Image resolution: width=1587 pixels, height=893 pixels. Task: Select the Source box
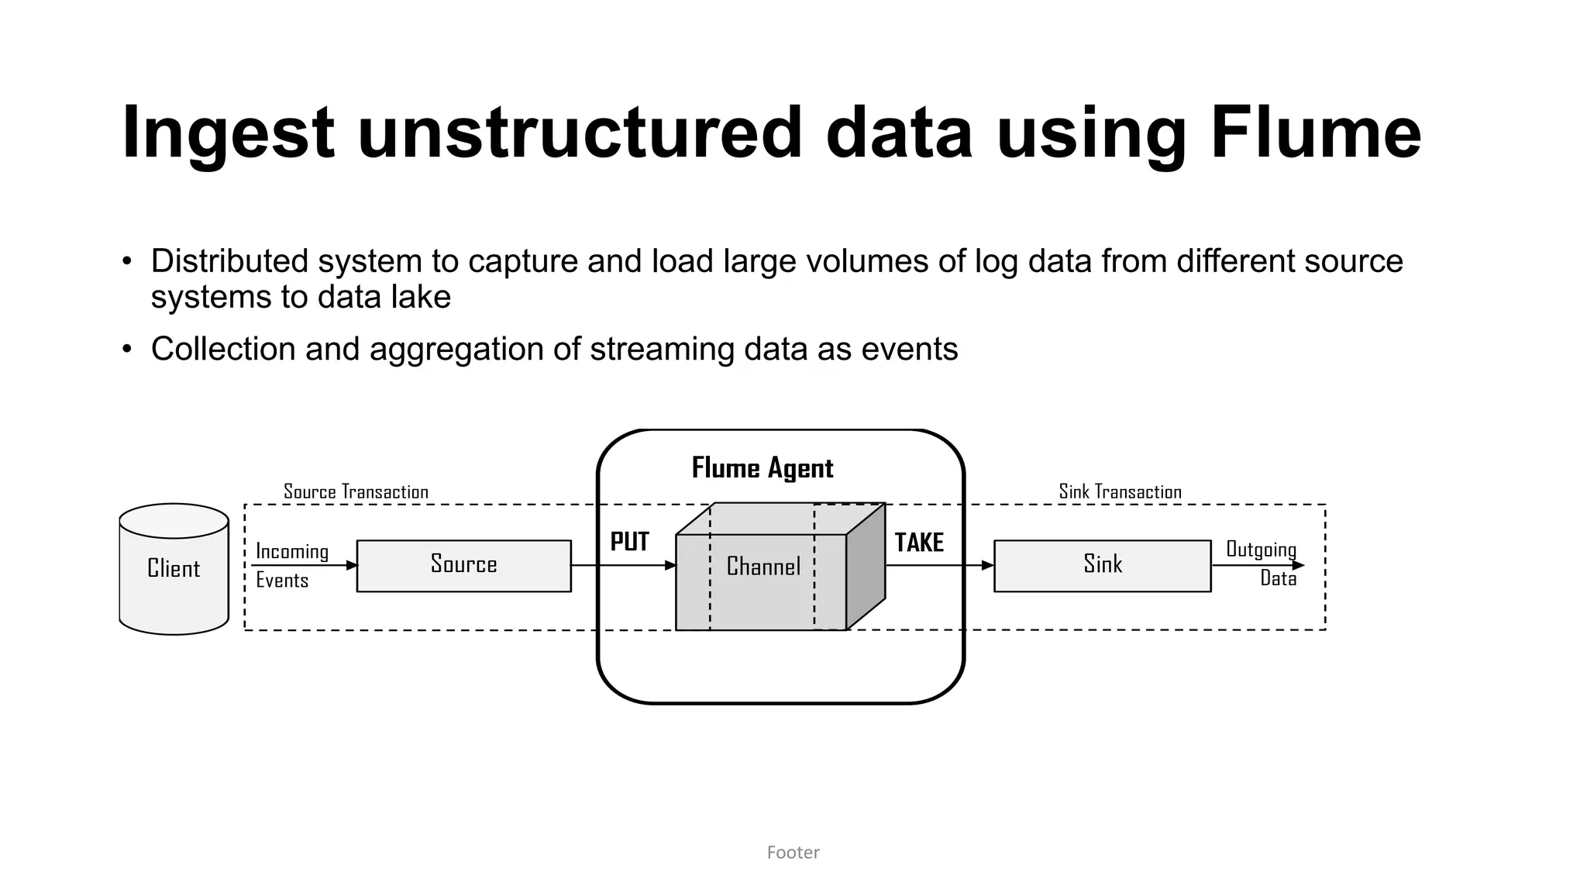pos(463,565)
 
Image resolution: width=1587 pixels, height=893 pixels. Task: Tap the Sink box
pos(1102,565)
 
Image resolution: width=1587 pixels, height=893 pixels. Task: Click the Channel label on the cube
pos(763,567)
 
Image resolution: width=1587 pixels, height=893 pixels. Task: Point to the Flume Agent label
pos(763,468)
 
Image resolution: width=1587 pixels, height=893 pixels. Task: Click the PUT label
pos(629,542)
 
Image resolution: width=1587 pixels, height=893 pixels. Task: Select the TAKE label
pos(919,543)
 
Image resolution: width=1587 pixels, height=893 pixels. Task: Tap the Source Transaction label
pos(356,491)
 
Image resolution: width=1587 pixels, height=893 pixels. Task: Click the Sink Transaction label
pos(1120,491)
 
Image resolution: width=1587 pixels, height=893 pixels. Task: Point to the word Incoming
pos(292,551)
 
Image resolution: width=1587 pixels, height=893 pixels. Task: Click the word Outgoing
pos(1261,550)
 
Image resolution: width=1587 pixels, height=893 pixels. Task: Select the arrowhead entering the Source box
pos(351,566)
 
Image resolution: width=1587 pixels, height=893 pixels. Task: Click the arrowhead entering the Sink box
pos(988,566)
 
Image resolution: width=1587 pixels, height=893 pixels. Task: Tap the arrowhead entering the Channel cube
pos(670,566)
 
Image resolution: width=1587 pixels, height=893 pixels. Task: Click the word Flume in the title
pos(1315,133)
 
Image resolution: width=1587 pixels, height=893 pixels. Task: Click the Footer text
pos(793,853)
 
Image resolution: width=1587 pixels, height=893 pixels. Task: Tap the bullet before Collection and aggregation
pos(127,349)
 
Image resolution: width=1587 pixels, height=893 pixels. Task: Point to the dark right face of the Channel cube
pos(866,567)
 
